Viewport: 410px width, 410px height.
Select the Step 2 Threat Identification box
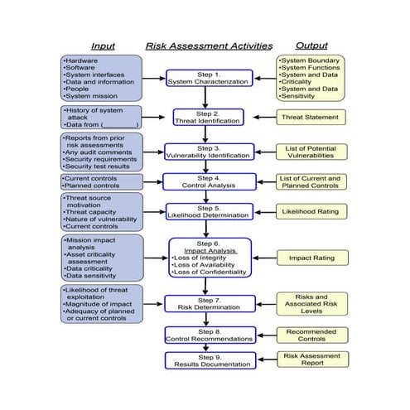click(x=208, y=118)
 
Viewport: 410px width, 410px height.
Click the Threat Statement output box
click(x=311, y=118)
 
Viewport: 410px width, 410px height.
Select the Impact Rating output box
click(x=311, y=258)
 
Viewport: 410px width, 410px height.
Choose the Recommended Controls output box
click(x=311, y=335)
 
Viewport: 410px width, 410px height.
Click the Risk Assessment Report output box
click(x=311, y=360)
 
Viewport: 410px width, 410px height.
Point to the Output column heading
click(x=311, y=46)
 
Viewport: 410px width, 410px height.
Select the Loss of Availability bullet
click(x=207, y=264)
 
